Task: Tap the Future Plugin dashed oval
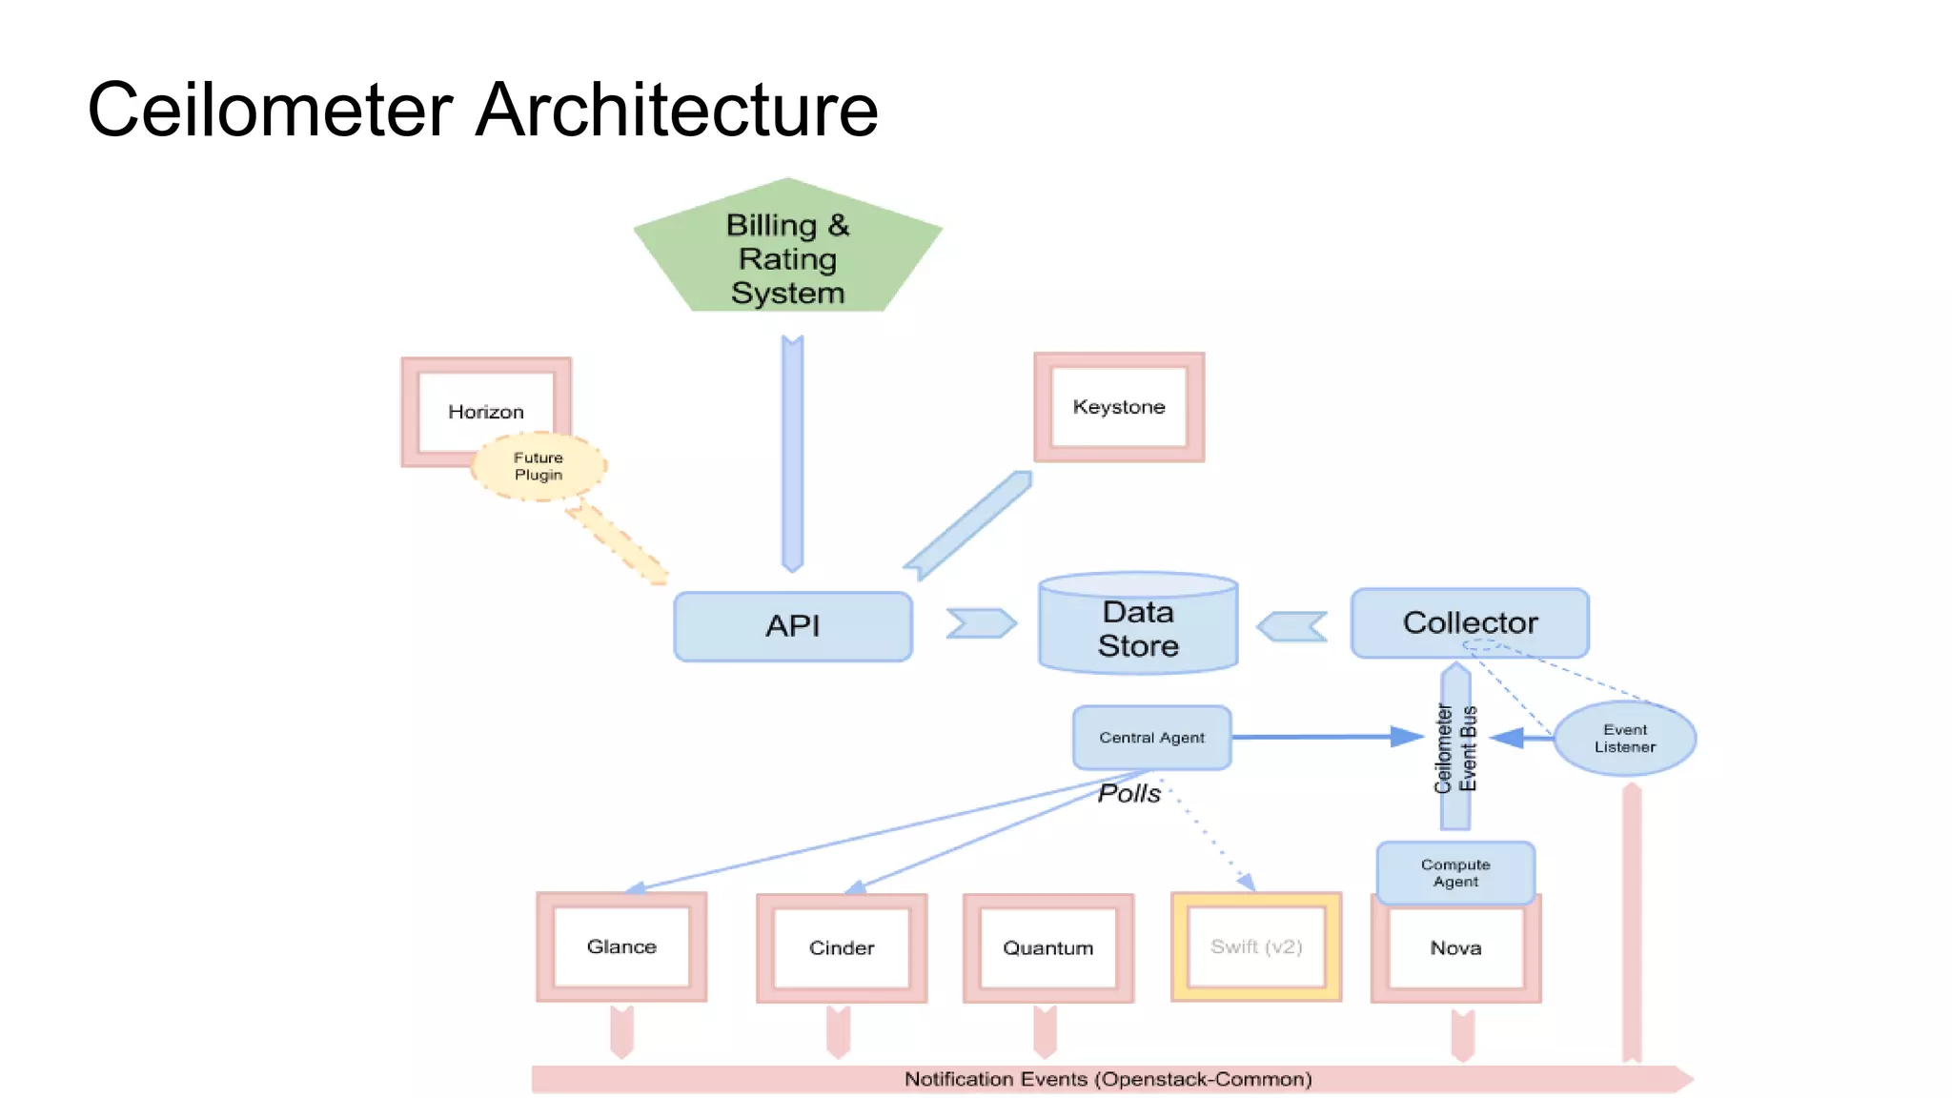click(x=539, y=466)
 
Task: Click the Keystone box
click(x=1119, y=407)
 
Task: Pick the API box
click(x=792, y=626)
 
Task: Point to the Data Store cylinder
click(x=1138, y=628)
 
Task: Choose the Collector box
click(x=1470, y=622)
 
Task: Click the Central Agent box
click(x=1151, y=738)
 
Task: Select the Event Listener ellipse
click(x=1624, y=739)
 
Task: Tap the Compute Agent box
click(x=1455, y=872)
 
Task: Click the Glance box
click(x=621, y=946)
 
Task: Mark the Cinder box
click(x=842, y=947)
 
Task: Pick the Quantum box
click(x=1047, y=947)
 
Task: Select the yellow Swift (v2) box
click(x=1255, y=946)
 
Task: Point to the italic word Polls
click(x=1128, y=793)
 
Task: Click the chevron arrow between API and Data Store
click(x=981, y=623)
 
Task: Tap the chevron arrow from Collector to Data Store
click(x=1292, y=626)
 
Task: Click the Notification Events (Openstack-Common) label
click(x=1108, y=1079)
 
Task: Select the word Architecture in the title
click(x=676, y=110)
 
